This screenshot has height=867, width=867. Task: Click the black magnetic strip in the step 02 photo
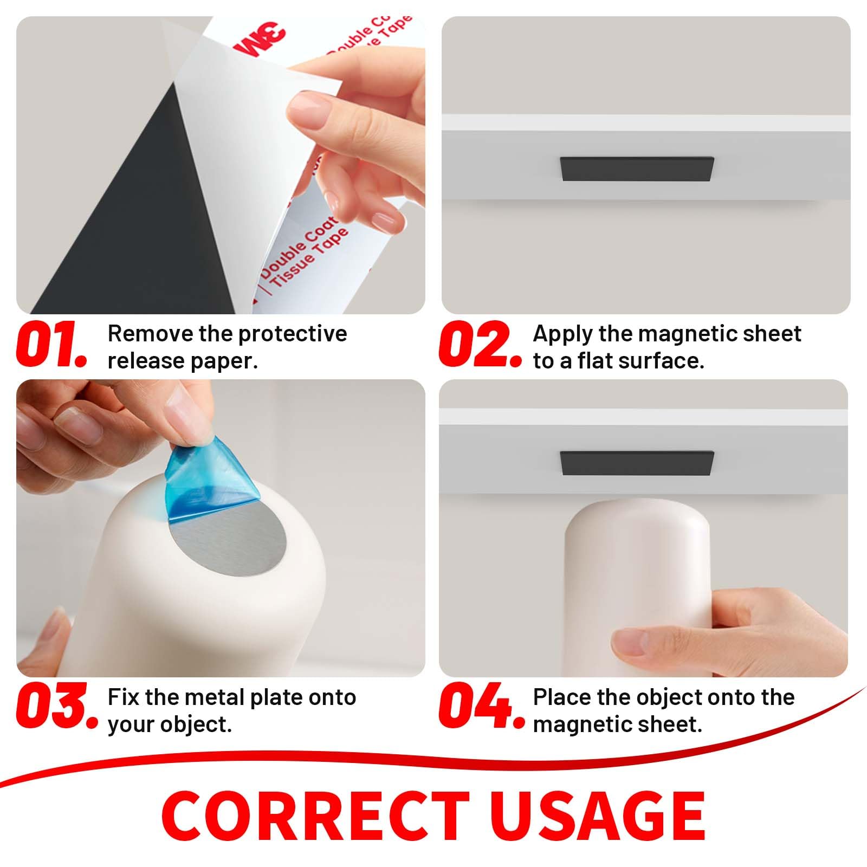636,169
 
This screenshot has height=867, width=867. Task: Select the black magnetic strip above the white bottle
636,463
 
